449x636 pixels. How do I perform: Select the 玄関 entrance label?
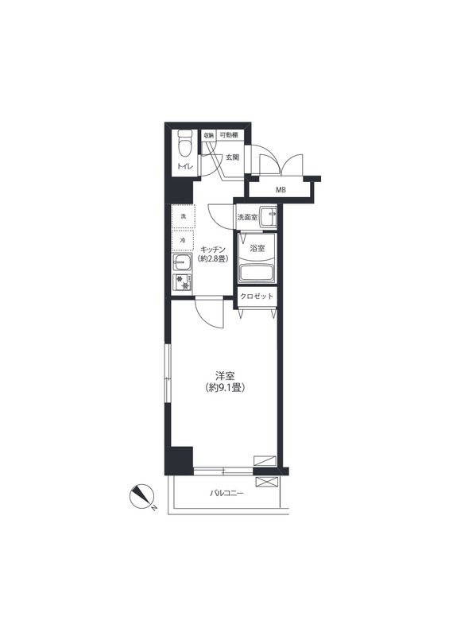click(232, 157)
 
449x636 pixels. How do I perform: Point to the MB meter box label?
click(281, 189)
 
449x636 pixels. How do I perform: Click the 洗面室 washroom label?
click(247, 217)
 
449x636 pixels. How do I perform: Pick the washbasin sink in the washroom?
click(268, 216)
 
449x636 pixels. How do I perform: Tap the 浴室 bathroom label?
click(257, 248)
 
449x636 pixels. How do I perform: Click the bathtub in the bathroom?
click(257, 273)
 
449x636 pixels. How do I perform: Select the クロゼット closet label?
click(257, 297)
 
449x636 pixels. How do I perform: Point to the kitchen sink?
click(182, 263)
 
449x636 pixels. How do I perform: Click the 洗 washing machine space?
click(184, 216)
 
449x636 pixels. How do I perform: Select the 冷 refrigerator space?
click(183, 241)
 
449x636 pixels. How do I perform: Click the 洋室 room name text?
click(225, 376)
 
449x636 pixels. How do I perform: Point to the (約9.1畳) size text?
click(225, 388)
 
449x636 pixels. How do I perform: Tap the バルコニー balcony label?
click(226, 494)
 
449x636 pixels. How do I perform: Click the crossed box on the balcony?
click(266, 482)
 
